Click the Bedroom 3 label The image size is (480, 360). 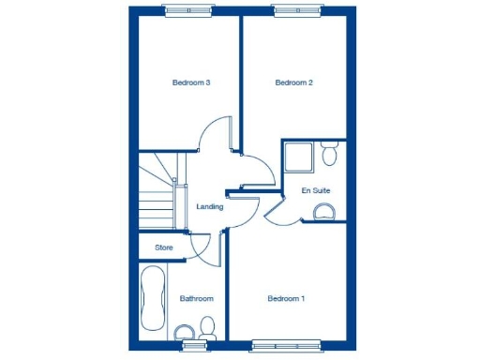coord(190,82)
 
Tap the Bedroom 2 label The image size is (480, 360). coord(293,82)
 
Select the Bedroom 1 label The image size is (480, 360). coord(286,299)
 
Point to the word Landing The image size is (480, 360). coord(209,206)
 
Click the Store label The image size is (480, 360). coord(164,247)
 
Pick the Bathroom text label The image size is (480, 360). coord(196,299)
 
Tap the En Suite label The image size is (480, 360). coord(315,190)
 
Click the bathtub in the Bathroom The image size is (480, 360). coord(152,300)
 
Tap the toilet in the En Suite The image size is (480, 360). coord(330,153)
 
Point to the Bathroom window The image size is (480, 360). coord(195,345)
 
